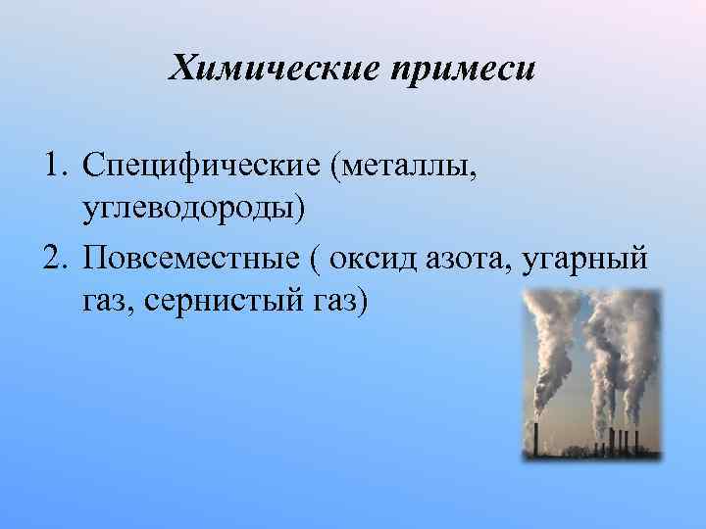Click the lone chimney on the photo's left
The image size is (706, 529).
(536, 437)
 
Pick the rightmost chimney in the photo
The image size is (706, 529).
(637, 439)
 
